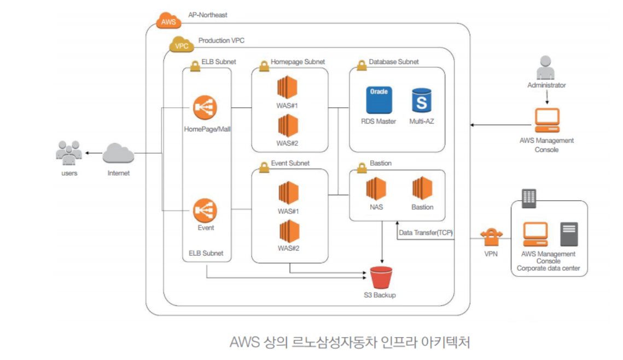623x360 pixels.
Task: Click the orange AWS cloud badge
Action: (169, 20)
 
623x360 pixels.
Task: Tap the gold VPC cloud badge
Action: (182, 44)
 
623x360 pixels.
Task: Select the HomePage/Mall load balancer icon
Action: (205, 107)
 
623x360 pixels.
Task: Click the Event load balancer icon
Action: (205, 210)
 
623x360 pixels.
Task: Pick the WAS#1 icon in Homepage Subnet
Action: (287, 87)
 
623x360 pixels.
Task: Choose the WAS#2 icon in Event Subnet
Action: (289, 231)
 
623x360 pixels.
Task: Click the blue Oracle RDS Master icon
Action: (379, 100)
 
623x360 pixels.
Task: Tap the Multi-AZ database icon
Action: (422, 101)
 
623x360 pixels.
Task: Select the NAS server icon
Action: (376, 188)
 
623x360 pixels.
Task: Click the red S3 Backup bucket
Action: (381, 277)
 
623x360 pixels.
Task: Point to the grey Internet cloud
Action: (118, 153)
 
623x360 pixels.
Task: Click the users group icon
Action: (69, 153)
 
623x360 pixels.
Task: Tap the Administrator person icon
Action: (545, 67)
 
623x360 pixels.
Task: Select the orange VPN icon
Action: (492, 237)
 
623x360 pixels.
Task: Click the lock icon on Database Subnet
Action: (362, 65)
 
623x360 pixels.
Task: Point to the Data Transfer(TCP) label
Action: (426, 233)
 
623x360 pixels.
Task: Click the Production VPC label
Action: (222, 40)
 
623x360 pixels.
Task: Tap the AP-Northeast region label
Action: (208, 15)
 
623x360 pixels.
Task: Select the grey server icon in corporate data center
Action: (569, 234)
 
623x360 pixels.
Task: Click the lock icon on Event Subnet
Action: (264, 167)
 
